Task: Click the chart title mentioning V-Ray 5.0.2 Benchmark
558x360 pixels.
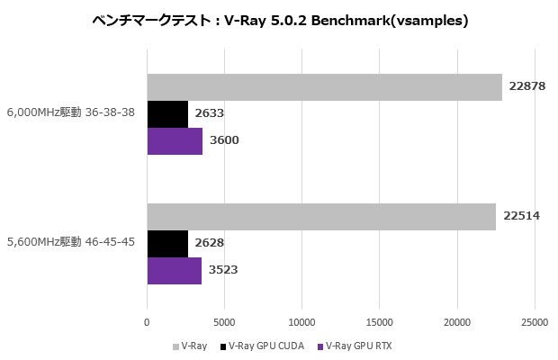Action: tap(279, 21)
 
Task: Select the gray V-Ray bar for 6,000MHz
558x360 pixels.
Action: tap(324, 86)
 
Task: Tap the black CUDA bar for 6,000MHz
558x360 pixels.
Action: tap(167, 113)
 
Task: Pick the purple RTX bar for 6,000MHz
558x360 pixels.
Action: tap(175, 140)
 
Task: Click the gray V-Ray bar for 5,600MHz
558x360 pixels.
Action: tap(321, 216)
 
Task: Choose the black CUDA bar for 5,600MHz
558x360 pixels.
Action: tap(167, 243)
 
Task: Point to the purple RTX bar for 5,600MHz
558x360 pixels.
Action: tap(174, 270)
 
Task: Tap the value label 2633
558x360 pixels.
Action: tap(209, 113)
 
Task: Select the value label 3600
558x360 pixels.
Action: tap(223, 140)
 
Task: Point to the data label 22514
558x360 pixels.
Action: tap(521, 216)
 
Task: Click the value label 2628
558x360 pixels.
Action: tap(209, 243)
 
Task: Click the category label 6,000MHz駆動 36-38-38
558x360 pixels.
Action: tap(70, 113)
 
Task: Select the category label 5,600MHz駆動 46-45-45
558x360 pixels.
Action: tap(70, 243)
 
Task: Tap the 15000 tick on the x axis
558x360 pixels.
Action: tap(380, 321)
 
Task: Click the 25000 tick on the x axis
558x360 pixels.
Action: tap(535, 321)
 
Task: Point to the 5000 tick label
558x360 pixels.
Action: tap(224, 321)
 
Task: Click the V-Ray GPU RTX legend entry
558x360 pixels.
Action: tap(357, 346)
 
